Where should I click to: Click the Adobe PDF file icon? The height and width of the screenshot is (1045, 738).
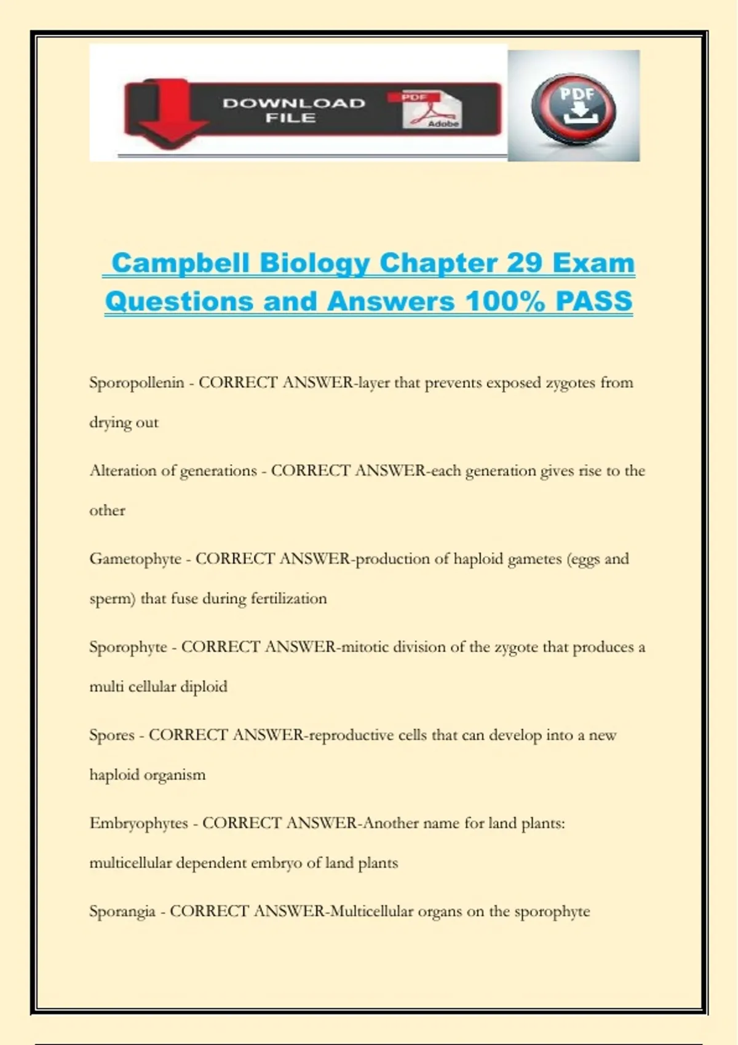431,110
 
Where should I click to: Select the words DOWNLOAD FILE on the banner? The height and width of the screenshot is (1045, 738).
293,110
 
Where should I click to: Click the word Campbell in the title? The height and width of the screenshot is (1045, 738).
180,263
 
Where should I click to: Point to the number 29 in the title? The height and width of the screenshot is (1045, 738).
524,263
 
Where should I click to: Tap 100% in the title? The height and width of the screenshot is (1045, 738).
505,301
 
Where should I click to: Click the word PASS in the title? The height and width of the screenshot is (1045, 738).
594,301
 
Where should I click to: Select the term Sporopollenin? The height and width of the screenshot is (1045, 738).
137,382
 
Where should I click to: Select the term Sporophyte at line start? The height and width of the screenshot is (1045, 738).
128,647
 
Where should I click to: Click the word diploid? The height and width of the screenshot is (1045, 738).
203,686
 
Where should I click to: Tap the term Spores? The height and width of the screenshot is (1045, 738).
111,735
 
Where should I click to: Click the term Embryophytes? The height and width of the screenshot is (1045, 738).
138,822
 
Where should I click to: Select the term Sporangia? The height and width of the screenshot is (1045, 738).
122,911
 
